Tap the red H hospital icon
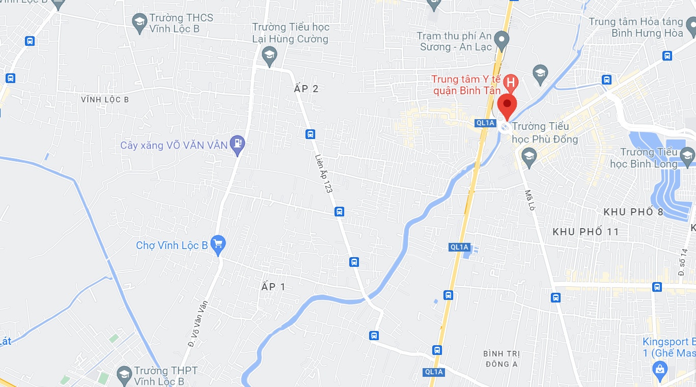point(510,82)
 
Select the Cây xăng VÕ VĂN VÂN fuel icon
point(237,145)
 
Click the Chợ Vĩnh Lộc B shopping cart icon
point(218,245)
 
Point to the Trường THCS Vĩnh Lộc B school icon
point(139,23)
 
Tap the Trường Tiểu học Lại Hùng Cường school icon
point(269,55)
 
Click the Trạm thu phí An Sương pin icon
point(502,40)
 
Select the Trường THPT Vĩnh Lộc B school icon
point(124,375)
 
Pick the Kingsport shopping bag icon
point(660,368)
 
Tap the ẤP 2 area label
point(307,89)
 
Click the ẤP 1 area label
point(273,287)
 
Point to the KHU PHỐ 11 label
point(586,232)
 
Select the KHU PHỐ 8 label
point(633,212)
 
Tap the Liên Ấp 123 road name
point(324,173)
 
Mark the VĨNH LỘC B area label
point(104,100)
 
